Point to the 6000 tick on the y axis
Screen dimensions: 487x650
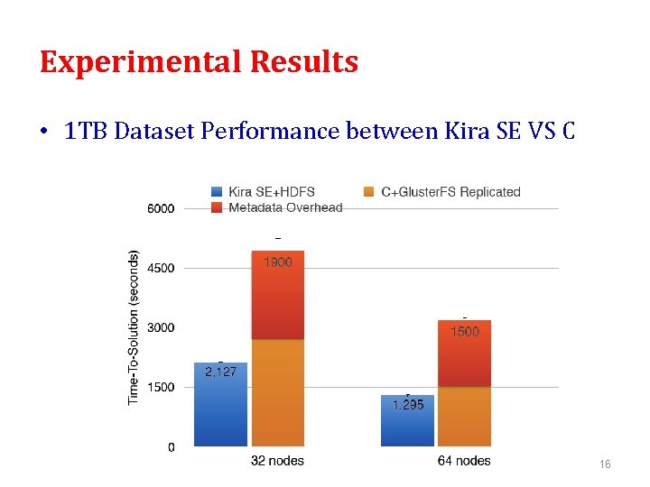162,208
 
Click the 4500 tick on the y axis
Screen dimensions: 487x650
162,268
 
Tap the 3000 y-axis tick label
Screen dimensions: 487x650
162,327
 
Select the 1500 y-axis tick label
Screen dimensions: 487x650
162,387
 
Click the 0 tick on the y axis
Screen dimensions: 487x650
172,446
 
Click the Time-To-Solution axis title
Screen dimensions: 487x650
134,326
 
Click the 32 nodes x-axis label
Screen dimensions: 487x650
277,461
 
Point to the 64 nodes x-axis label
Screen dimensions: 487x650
464,461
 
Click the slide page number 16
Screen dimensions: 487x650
605,464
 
